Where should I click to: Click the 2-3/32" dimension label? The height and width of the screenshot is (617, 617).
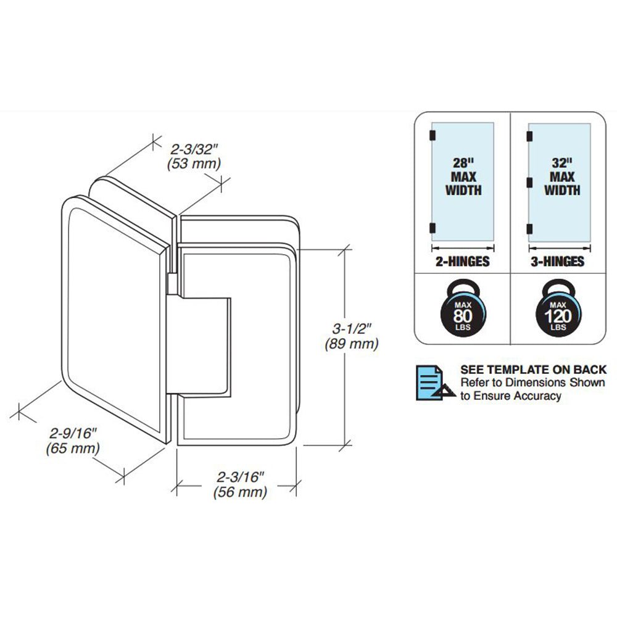click(x=194, y=148)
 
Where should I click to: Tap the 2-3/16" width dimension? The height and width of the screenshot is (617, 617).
click(x=241, y=477)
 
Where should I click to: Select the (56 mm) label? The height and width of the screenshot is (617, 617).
click(x=241, y=492)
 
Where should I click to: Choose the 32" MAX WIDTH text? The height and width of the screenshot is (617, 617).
click(x=561, y=177)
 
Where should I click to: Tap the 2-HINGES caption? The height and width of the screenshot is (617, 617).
click(x=463, y=262)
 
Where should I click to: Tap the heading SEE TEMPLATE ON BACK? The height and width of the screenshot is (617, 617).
click(x=533, y=370)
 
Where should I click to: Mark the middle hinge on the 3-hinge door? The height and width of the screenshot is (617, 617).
click(x=529, y=181)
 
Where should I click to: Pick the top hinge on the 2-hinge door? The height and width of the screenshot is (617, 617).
click(x=432, y=135)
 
